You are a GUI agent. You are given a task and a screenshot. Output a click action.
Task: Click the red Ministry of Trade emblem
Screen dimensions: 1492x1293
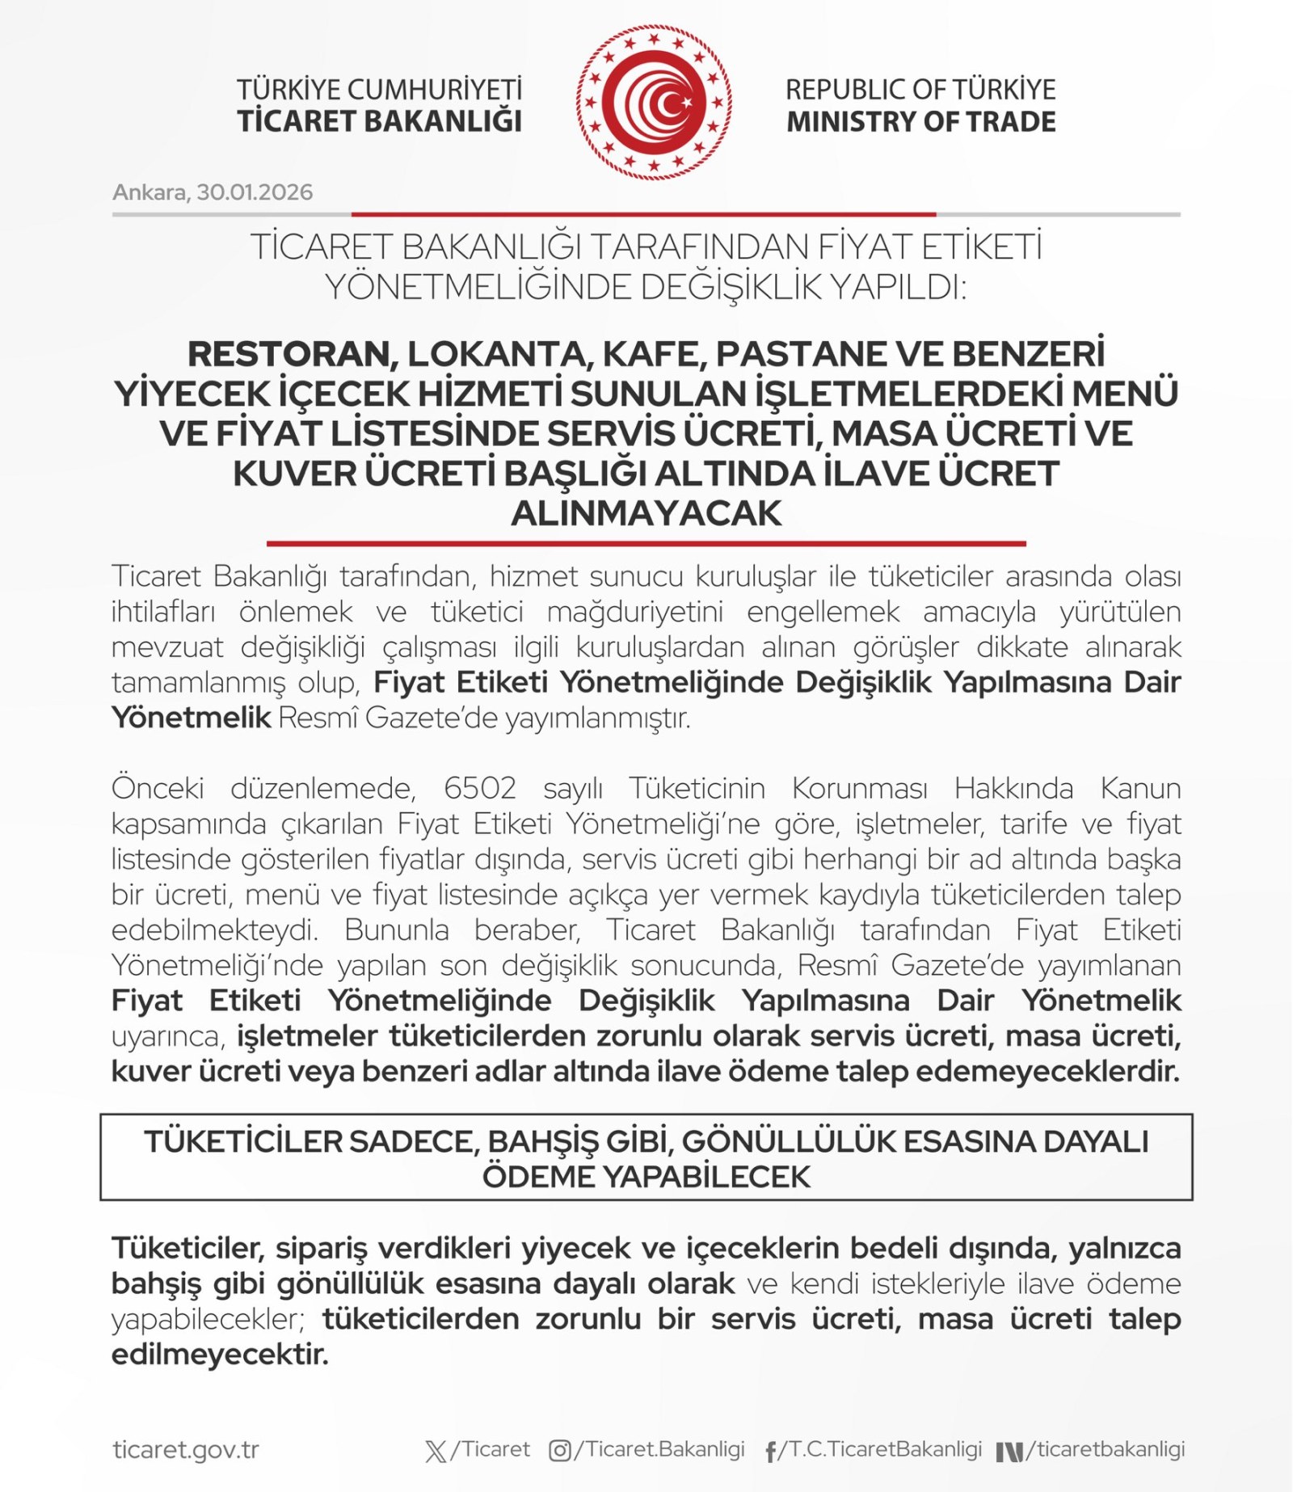click(654, 103)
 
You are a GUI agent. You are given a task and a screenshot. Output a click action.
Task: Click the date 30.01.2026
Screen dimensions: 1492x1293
click(255, 192)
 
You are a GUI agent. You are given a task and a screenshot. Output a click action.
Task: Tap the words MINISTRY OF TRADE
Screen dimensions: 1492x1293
click(920, 122)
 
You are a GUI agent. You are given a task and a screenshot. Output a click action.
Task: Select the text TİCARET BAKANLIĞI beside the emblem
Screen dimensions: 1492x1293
click(379, 121)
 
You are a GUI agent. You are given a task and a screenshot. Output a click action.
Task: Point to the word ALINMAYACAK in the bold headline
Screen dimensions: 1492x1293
click(646, 514)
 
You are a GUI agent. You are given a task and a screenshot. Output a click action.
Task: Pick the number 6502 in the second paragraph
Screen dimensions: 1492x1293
click(480, 788)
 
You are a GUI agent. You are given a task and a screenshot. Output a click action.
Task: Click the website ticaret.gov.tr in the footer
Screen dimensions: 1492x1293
click(186, 1449)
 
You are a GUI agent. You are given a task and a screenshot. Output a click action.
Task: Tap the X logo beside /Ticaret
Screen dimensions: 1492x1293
click(436, 1452)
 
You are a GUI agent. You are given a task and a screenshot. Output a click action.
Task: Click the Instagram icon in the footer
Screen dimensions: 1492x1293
click(559, 1451)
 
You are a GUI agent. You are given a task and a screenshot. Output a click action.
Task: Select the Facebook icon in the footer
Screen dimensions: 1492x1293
click(771, 1452)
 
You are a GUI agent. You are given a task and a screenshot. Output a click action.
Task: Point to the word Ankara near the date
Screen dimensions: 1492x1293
click(149, 192)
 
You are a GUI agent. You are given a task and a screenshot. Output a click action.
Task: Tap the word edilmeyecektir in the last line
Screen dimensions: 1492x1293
click(220, 1354)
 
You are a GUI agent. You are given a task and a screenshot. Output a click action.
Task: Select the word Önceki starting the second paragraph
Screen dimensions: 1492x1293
click(158, 788)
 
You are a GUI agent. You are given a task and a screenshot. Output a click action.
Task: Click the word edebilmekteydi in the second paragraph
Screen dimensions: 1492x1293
click(215, 930)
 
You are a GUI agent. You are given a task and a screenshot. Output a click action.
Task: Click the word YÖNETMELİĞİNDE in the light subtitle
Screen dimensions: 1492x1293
click(477, 287)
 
